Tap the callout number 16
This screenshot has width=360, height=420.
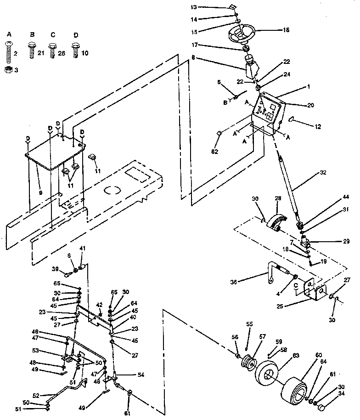(x=286, y=30)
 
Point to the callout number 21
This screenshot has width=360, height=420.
(x=40, y=54)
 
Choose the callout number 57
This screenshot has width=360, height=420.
(x=263, y=337)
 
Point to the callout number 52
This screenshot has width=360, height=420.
(x=35, y=395)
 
